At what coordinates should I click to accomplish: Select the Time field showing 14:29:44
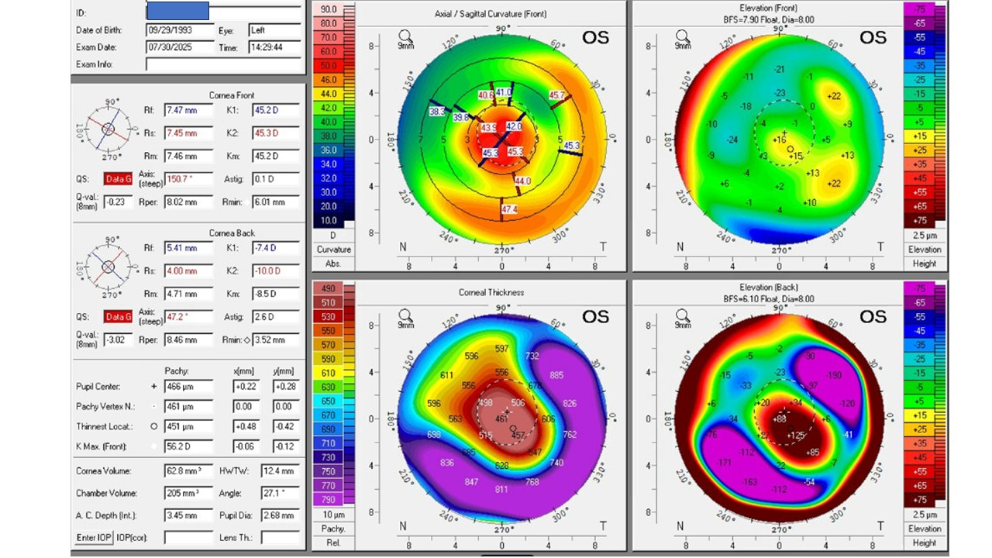point(274,47)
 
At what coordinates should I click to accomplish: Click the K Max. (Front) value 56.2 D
point(188,447)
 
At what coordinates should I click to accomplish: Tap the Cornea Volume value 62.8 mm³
point(188,471)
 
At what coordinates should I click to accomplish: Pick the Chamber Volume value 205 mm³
point(188,493)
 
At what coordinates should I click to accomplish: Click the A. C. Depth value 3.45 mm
point(188,515)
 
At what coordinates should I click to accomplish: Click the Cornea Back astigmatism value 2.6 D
point(275,316)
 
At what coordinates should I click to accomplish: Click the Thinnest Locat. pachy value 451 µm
point(188,426)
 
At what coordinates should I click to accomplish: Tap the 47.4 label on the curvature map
point(508,210)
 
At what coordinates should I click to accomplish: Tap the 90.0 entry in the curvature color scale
point(328,9)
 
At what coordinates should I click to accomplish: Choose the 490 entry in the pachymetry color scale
point(328,289)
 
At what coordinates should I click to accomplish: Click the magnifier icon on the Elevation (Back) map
point(682,315)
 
